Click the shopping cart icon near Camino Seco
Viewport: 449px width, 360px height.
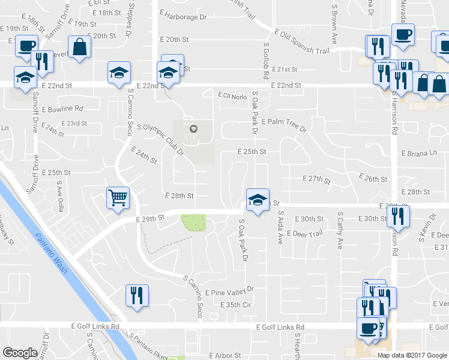pos(118,197)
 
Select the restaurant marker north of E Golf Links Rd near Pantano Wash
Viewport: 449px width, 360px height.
pos(137,295)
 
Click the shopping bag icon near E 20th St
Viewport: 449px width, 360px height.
pos(79,47)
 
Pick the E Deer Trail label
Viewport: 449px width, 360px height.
pos(305,233)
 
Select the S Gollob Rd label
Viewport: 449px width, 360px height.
pos(265,60)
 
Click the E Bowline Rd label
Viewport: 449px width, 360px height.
pos(62,109)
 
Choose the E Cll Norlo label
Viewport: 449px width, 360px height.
pos(233,95)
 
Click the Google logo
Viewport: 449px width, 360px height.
pos(20,352)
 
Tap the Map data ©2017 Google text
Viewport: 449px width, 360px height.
pos(412,355)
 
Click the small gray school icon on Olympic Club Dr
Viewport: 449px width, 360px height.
pos(193,129)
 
